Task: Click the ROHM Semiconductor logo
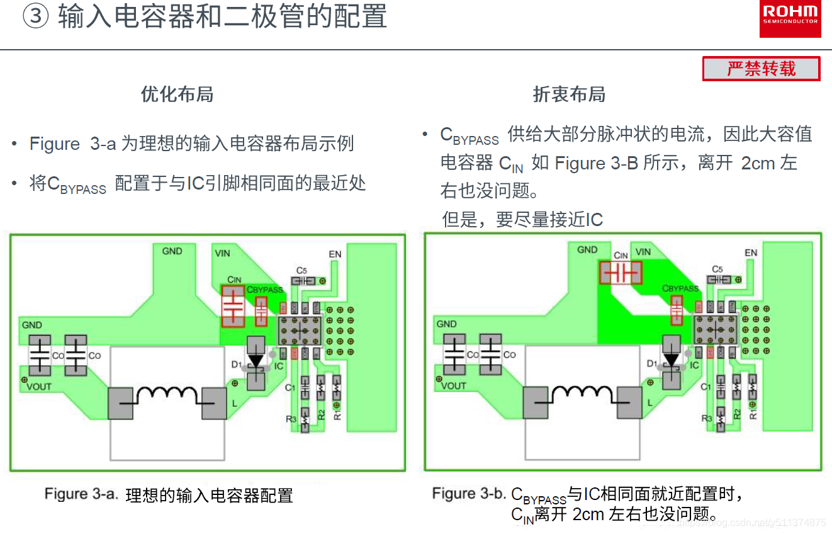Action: (x=790, y=18)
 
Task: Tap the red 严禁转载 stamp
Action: (x=761, y=69)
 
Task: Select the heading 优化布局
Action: (x=177, y=94)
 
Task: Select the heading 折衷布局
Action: (x=569, y=94)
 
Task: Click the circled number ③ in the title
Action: (x=36, y=17)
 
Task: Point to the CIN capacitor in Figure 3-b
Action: (x=621, y=273)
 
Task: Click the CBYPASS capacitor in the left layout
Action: (x=261, y=311)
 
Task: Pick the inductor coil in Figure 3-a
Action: (x=167, y=395)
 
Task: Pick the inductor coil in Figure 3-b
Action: (x=582, y=395)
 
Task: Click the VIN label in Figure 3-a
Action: (x=222, y=253)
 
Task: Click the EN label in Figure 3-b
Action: (x=751, y=253)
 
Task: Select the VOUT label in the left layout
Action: (x=39, y=386)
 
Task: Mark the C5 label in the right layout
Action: (x=717, y=269)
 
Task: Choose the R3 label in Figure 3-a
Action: (x=291, y=418)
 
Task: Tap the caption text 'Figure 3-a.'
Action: (x=81, y=494)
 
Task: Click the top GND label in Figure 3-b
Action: (x=587, y=249)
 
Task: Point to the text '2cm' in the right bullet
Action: (x=758, y=163)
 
